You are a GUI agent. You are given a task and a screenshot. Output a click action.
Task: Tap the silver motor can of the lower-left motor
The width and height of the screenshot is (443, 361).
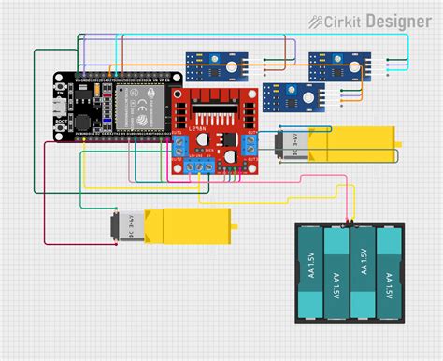click(121, 225)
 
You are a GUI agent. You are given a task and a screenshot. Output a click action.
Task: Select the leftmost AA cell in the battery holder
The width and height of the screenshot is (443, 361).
click(309, 272)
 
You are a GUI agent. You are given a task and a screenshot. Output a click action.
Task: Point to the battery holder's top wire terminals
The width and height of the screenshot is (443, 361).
click(349, 224)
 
